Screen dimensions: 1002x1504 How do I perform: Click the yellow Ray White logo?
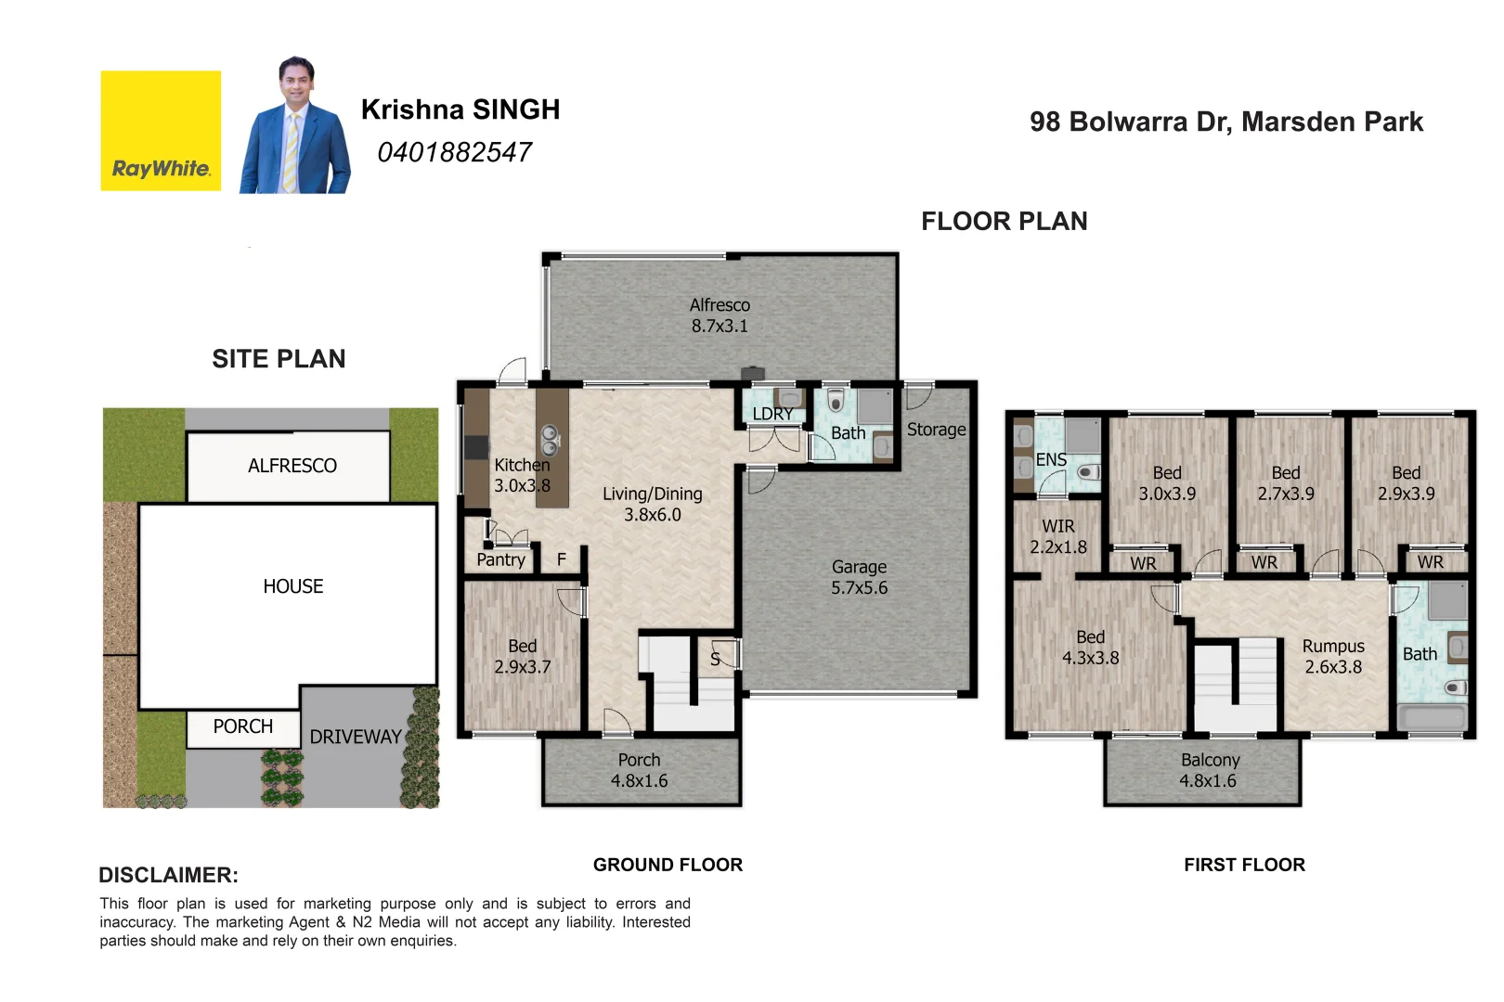tap(161, 131)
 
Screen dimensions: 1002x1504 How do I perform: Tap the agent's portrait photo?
tap(294, 127)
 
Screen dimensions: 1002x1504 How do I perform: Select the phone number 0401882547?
tap(454, 152)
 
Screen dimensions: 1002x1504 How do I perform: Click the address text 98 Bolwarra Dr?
tap(1225, 122)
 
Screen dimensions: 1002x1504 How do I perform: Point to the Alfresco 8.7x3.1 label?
tap(720, 315)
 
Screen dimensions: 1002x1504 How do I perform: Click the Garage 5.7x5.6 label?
tap(859, 577)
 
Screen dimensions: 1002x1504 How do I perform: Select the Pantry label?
tap(500, 559)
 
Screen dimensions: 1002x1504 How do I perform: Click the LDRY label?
tap(772, 414)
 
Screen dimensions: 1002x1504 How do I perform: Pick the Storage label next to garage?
tap(936, 430)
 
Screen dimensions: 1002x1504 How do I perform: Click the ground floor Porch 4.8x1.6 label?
tap(639, 770)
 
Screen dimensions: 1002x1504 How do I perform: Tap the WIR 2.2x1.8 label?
tap(1057, 536)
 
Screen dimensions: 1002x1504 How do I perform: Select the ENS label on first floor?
tap(1051, 460)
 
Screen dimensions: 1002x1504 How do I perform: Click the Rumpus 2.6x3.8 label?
tap(1333, 656)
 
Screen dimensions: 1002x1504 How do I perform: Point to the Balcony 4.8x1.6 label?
tap(1209, 770)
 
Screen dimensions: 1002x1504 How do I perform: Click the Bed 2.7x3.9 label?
tap(1285, 483)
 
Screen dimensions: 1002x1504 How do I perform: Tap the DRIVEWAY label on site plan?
tap(356, 737)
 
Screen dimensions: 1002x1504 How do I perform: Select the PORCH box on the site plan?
tap(243, 727)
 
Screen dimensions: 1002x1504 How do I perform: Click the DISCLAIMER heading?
tap(168, 875)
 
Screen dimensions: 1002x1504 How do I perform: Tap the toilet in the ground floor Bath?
tap(836, 401)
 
